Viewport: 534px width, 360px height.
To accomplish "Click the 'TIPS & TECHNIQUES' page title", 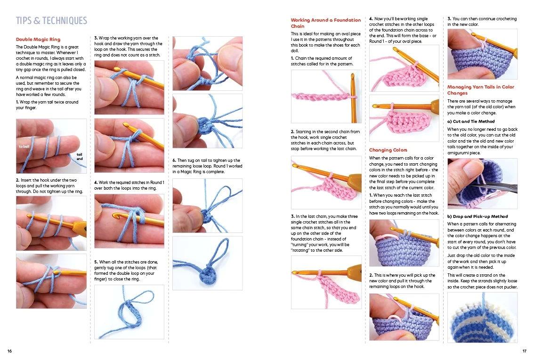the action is click(x=51, y=21).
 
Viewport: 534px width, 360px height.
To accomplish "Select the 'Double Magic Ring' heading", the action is click(x=38, y=40).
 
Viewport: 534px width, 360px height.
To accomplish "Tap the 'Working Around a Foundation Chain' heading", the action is click(x=325, y=23).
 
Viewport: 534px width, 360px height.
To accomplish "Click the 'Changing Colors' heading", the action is click(x=388, y=150).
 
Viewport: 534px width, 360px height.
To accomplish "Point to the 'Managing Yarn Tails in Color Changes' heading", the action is click(x=480, y=90).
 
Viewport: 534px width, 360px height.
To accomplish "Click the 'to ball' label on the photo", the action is click(x=24, y=147).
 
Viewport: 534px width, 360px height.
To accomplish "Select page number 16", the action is click(x=9, y=351).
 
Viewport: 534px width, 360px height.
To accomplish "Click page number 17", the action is click(x=524, y=351).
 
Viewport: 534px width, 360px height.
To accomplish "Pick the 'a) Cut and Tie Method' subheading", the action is click(x=471, y=121).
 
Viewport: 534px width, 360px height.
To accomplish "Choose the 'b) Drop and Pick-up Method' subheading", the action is click(x=477, y=216).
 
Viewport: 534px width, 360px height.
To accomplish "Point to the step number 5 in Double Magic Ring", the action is click(x=96, y=262).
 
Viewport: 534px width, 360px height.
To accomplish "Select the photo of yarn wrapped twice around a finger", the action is click(x=51, y=146).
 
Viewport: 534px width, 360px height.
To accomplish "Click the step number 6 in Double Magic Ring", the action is click(x=174, y=160).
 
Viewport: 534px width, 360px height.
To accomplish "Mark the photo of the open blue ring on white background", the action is click(x=129, y=312).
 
